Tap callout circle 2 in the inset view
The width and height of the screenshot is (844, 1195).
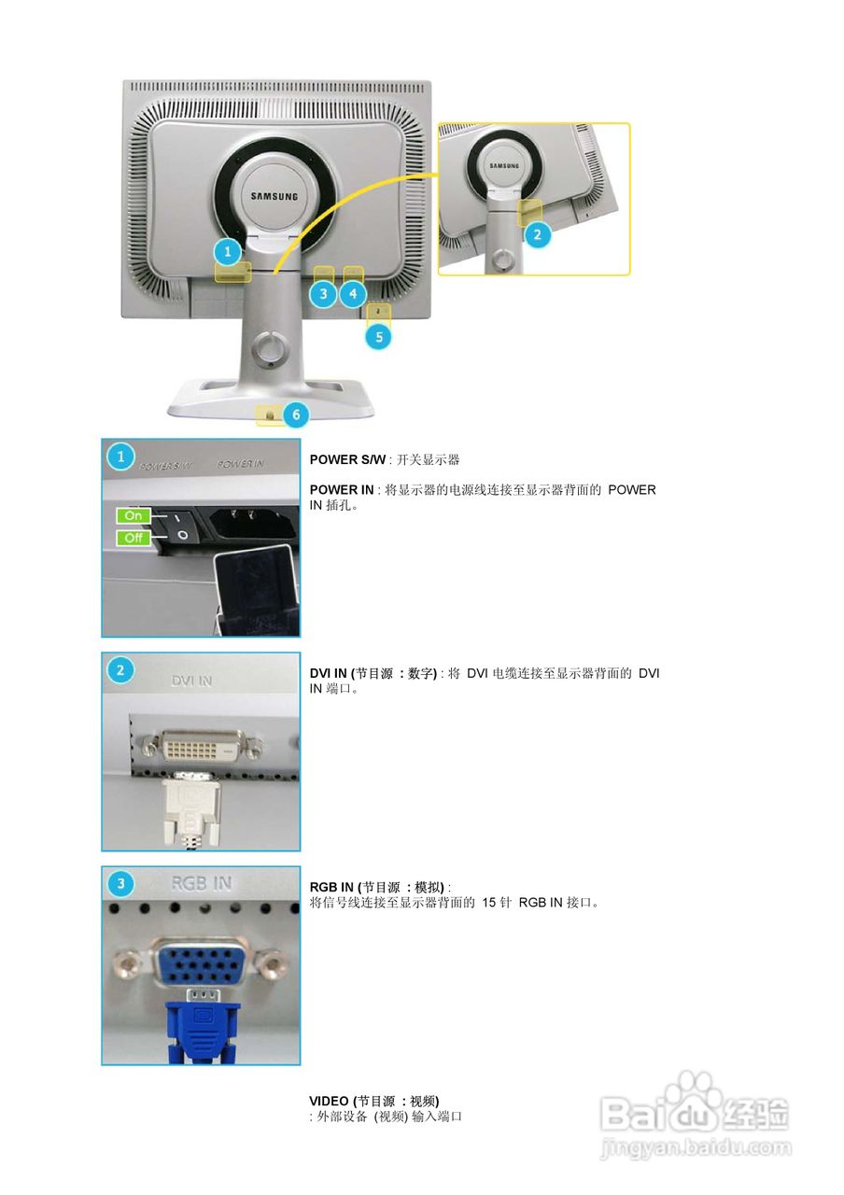[x=537, y=234]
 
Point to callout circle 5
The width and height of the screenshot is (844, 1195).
[x=378, y=336]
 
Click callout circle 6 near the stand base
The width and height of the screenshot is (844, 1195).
[x=295, y=413]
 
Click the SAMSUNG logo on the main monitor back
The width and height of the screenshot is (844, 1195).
[x=274, y=196]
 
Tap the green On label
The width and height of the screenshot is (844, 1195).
[x=134, y=515]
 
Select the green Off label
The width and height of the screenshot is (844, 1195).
[x=134, y=538]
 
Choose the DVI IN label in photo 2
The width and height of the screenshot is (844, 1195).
[x=191, y=682]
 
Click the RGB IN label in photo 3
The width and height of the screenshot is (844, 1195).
[x=202, y=883]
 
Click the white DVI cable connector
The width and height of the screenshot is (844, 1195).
[x=191, y=808]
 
